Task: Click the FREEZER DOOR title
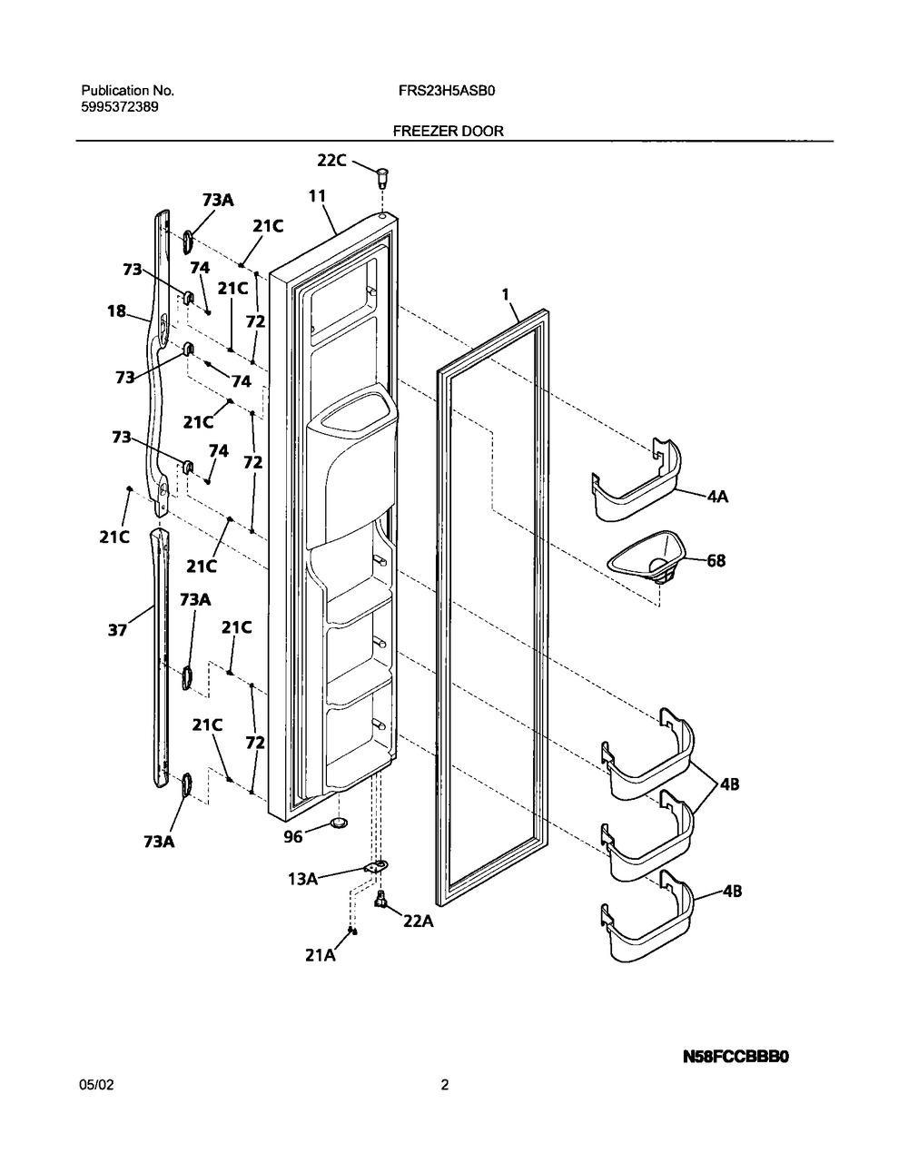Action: pos(448,131)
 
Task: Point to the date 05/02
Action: pos(96,1084)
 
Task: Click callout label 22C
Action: pos(331,160)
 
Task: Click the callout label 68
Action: pos(716,561)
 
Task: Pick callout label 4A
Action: pos(720,497)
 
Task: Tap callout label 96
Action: pos(292,837)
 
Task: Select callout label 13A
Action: pos(303,879)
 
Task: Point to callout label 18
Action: pos(117,311)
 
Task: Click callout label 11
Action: pos(317,195)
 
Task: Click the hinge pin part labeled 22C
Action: pos(381,171)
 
